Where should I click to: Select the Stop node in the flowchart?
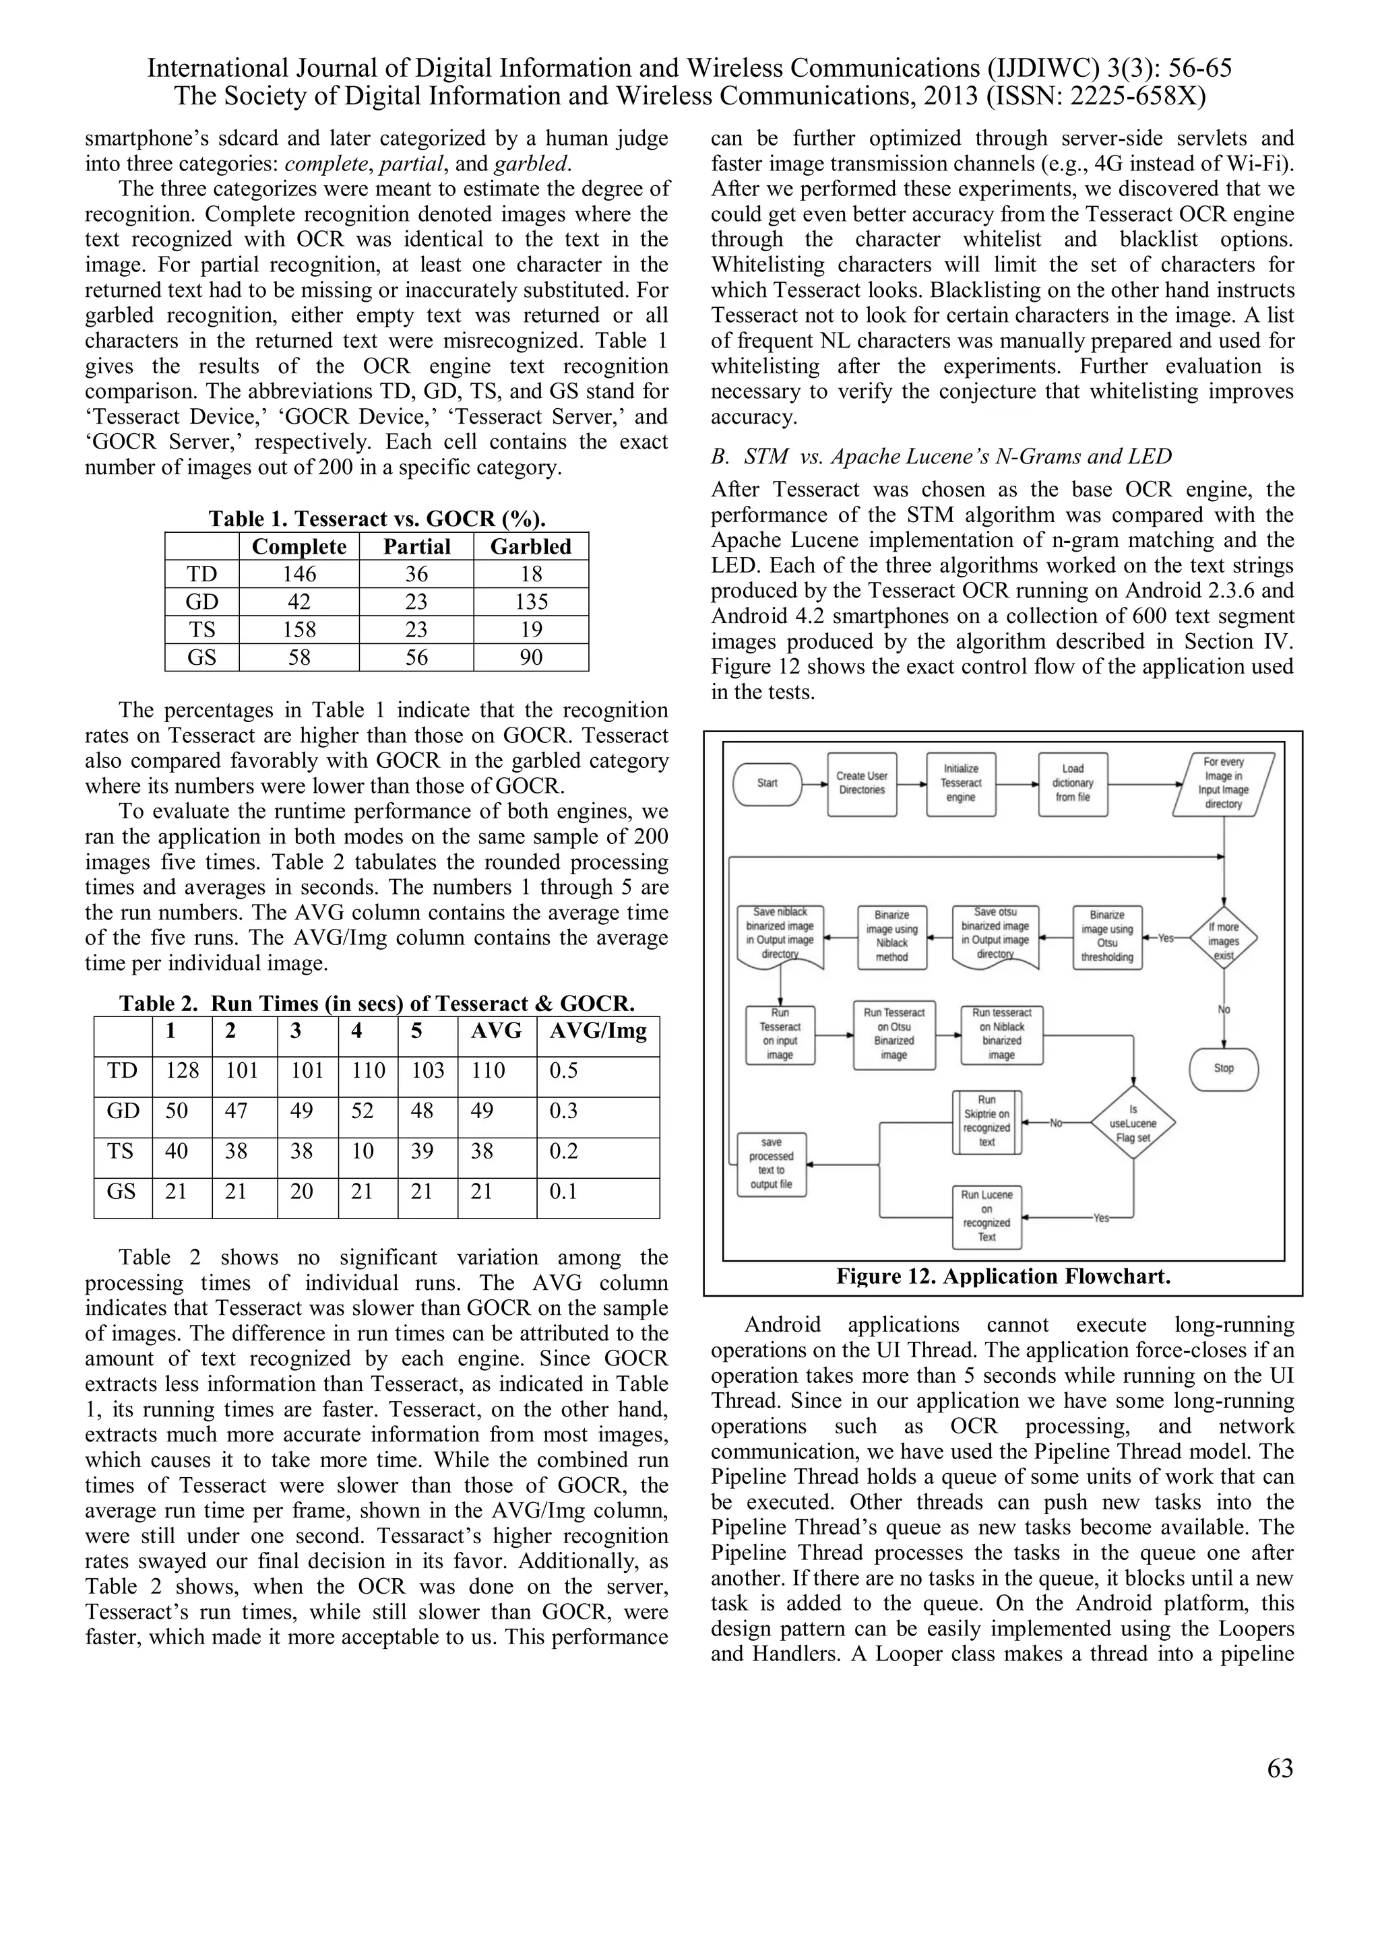click(x=1223, y=1068)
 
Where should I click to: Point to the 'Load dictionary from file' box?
click(x=1072, y=783)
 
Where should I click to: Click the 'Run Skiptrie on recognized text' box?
click(x=986, y=1121)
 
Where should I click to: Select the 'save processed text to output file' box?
click(x=771, y=1163)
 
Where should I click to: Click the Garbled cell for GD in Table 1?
click(x=531, y=602)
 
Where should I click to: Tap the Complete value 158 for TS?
click(x=299, y=629)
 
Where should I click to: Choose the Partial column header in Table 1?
click(x=416, y=547)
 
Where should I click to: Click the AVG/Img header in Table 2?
click(x=598, y=1031)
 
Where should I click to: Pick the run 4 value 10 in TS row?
click(x=363, y=1152)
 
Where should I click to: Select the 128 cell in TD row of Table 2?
click(x=182, y=1071)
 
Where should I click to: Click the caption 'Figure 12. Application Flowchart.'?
click(x=1003, y=1276)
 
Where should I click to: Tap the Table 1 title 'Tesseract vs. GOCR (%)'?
click(x=377, y=519)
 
